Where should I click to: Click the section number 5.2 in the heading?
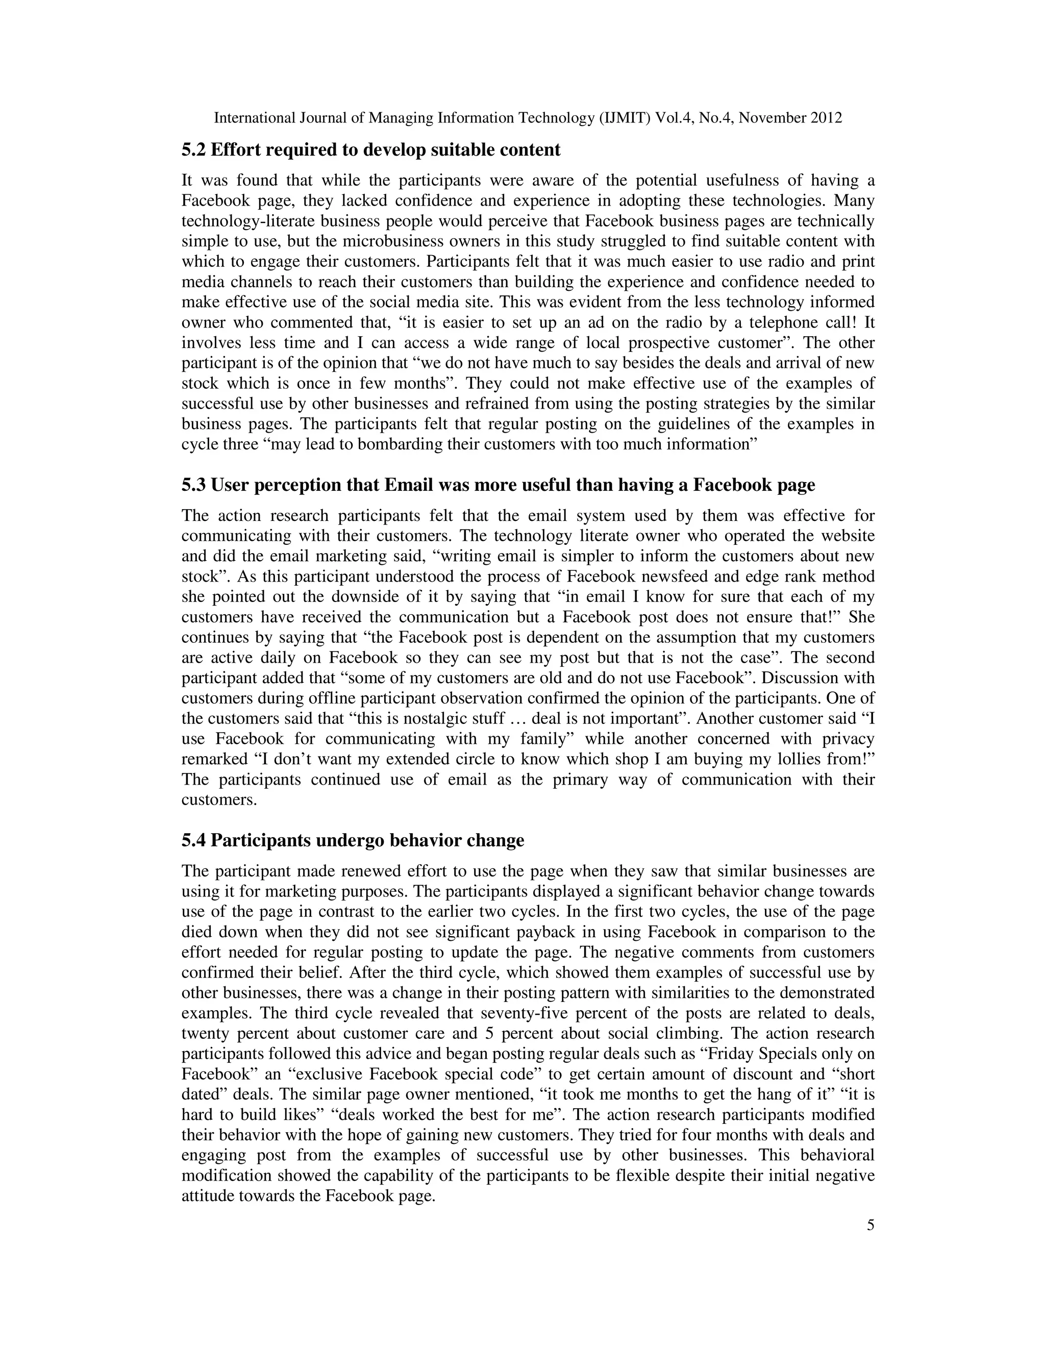coord(194,150)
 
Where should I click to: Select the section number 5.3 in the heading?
coord(194,485)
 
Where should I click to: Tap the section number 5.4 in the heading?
coord(194,840)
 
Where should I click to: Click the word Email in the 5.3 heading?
coord(409,485)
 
